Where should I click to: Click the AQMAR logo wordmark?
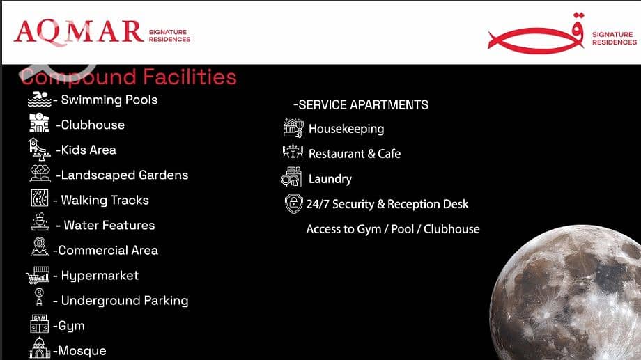click(79, 32)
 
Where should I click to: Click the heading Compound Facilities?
click(128, 77)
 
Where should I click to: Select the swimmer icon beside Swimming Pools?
click(40, 100)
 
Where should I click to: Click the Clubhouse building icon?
click(39, 123)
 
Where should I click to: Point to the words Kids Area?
click(88, 150)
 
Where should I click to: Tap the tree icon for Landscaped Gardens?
click(40, 173)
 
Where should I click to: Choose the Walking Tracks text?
click(105, 201)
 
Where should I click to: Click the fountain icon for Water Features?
click(40, 222)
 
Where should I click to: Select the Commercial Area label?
click(108, 251)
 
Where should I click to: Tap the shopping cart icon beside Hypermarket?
click(38, 275)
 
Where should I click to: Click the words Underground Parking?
click(125, 301)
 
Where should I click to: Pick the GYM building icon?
click(39, 324)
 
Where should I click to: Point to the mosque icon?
click(39, 348)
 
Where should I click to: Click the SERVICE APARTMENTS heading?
click(361, 105)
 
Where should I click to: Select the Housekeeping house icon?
click(293, 128)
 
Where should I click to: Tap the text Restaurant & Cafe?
click(355, 154)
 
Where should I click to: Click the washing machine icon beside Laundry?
click(291, 178)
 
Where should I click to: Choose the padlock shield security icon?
click(293, 203)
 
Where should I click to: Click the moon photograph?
click(566, 292)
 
